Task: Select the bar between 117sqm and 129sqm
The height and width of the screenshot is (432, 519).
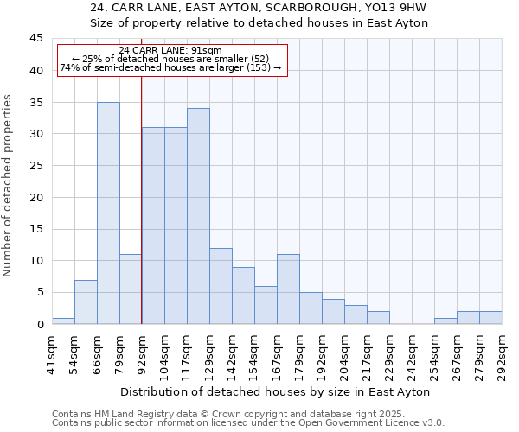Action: (x=198, y=216)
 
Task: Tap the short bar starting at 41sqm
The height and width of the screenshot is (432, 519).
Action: (x=63, y=321)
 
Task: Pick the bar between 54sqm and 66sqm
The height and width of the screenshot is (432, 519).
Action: (x=86, y=302)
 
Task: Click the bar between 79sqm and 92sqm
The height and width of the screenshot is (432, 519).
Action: (x=131, y=289)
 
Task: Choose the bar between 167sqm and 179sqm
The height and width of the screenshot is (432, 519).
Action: (x=288, y=289)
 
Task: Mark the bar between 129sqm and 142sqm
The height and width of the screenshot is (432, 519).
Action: (x=221, y=286)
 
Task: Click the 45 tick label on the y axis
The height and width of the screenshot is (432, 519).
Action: (x=36, y=39)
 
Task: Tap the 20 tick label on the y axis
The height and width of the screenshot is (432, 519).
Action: (x=36, y=197)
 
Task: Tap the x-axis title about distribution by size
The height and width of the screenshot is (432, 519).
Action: (x=275, y=391)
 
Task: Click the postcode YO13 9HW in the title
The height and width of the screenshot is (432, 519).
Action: (x=399, y=7)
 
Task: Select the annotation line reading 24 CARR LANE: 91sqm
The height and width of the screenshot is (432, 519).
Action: (x=170, y=50)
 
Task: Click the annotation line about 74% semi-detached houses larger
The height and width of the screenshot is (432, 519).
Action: (x=170, y=67)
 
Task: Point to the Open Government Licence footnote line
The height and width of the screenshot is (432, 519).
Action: (x=248, y=423)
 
